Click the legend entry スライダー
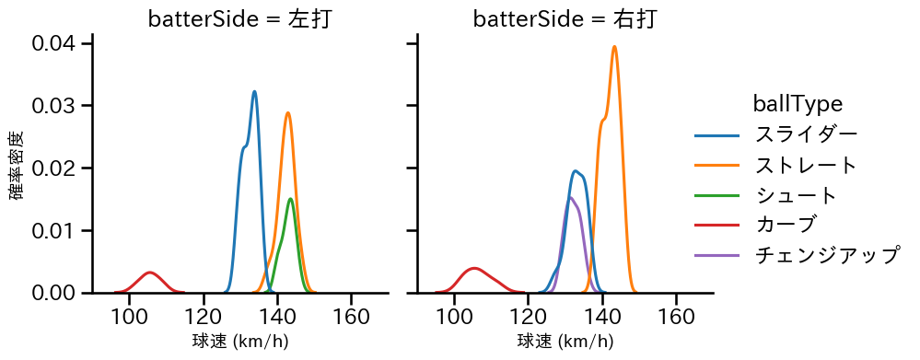[x=806, y=134]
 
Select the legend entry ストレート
[x=806, y=165]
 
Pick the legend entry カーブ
[x=785, y=225]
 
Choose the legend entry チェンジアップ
[x=826, y=255]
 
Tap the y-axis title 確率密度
[x=17, y=167]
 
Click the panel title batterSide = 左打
[x=239, y=19]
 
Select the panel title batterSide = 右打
[x=565, y=19]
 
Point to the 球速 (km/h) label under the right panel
[x=565, y=342]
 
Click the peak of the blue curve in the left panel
[x=254, y=91]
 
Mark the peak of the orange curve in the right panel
[x=614, y=46]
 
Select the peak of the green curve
[x=290, y=199]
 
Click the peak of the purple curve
[x=571, y=197]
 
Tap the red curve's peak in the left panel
[x=149, y=273]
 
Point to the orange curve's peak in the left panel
[x=288, y=113]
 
